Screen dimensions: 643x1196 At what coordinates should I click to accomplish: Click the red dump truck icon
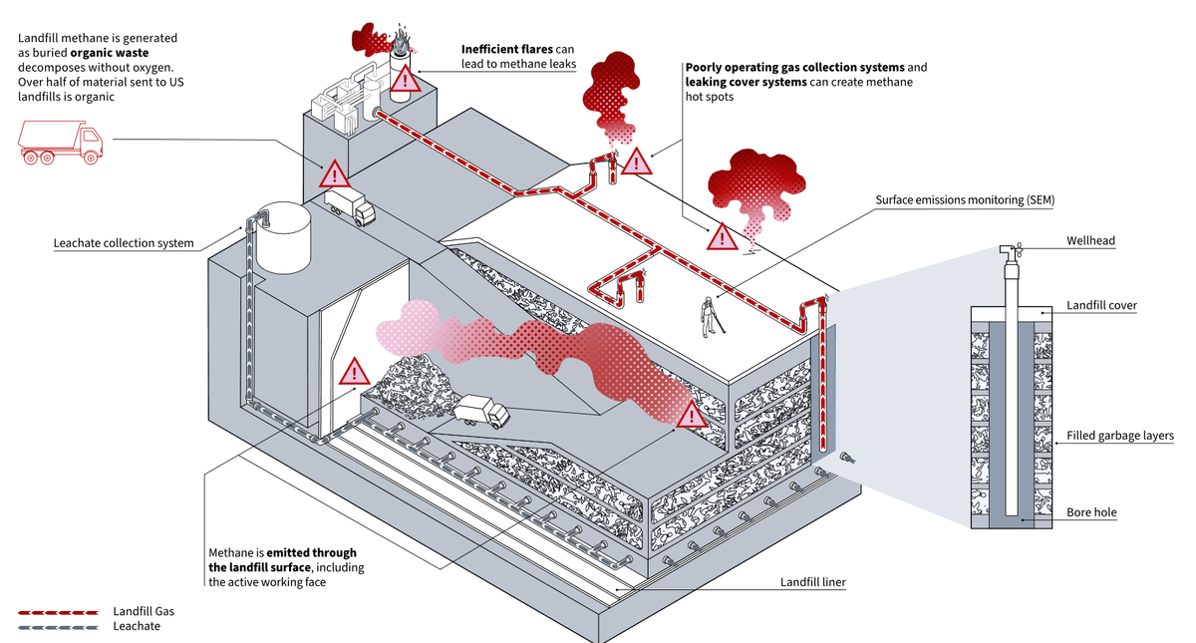coord(61,143)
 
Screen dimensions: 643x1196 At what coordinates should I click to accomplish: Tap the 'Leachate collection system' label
coord(124,243)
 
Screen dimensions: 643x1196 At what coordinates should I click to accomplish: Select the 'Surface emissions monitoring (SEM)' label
coord(964,200)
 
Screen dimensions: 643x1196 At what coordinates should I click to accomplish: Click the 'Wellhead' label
coord(1090,240)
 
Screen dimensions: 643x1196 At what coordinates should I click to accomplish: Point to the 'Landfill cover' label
coord(1101,305)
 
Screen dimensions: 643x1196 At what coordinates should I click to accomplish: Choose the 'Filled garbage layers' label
coord(1119,436)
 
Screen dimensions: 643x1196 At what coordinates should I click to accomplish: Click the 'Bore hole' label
coord(1091,512)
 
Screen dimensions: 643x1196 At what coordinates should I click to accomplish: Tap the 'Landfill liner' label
coord(812,581)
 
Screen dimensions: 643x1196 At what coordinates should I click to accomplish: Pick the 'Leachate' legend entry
coord(137,626)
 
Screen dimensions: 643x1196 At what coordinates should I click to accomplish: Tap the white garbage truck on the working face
coord(481,410)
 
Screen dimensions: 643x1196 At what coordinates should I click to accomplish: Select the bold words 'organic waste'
coord(109,52)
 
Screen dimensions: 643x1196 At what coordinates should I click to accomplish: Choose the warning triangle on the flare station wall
coord(334,175)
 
